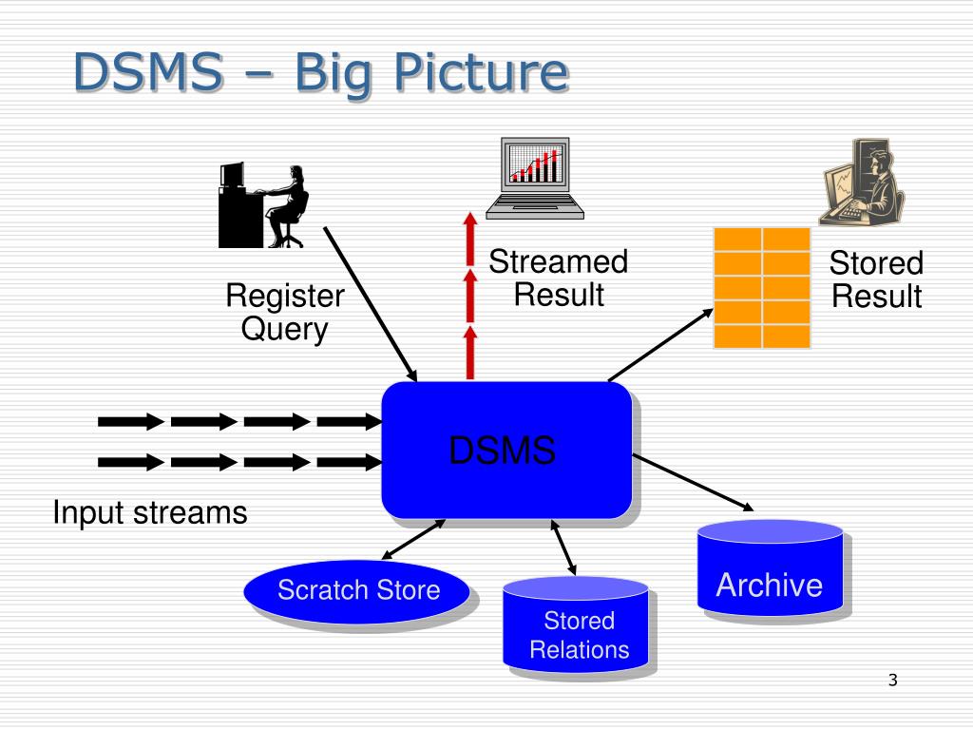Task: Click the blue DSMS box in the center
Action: click(x=506, y=450)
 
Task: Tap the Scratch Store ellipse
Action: click(x=357, y=591)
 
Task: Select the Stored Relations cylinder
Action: click(x=576, y=625)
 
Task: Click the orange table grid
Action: click(x=762, y=288)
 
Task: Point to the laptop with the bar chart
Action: click(x=535, y=178)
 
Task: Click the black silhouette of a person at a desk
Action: click(x=262, y=205)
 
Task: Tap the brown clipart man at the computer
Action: click(x=861, y=182)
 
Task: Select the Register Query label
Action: click(x=285, y=312)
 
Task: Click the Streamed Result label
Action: click(x=559, y=279)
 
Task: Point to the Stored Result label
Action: click(x=876, y=279)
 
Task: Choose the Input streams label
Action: click(x=150, y=513)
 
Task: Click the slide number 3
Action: click(x=893, y=680)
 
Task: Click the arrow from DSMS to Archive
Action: click(x=693, y=483)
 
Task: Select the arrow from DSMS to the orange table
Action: click(x=661, y=344)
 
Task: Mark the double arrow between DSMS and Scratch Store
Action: click(x=413, y=540)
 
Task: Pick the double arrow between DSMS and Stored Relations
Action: click(x=563, y=547)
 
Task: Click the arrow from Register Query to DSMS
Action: click(x=371, y=304)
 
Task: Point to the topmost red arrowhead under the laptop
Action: click(x=470, y=221)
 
